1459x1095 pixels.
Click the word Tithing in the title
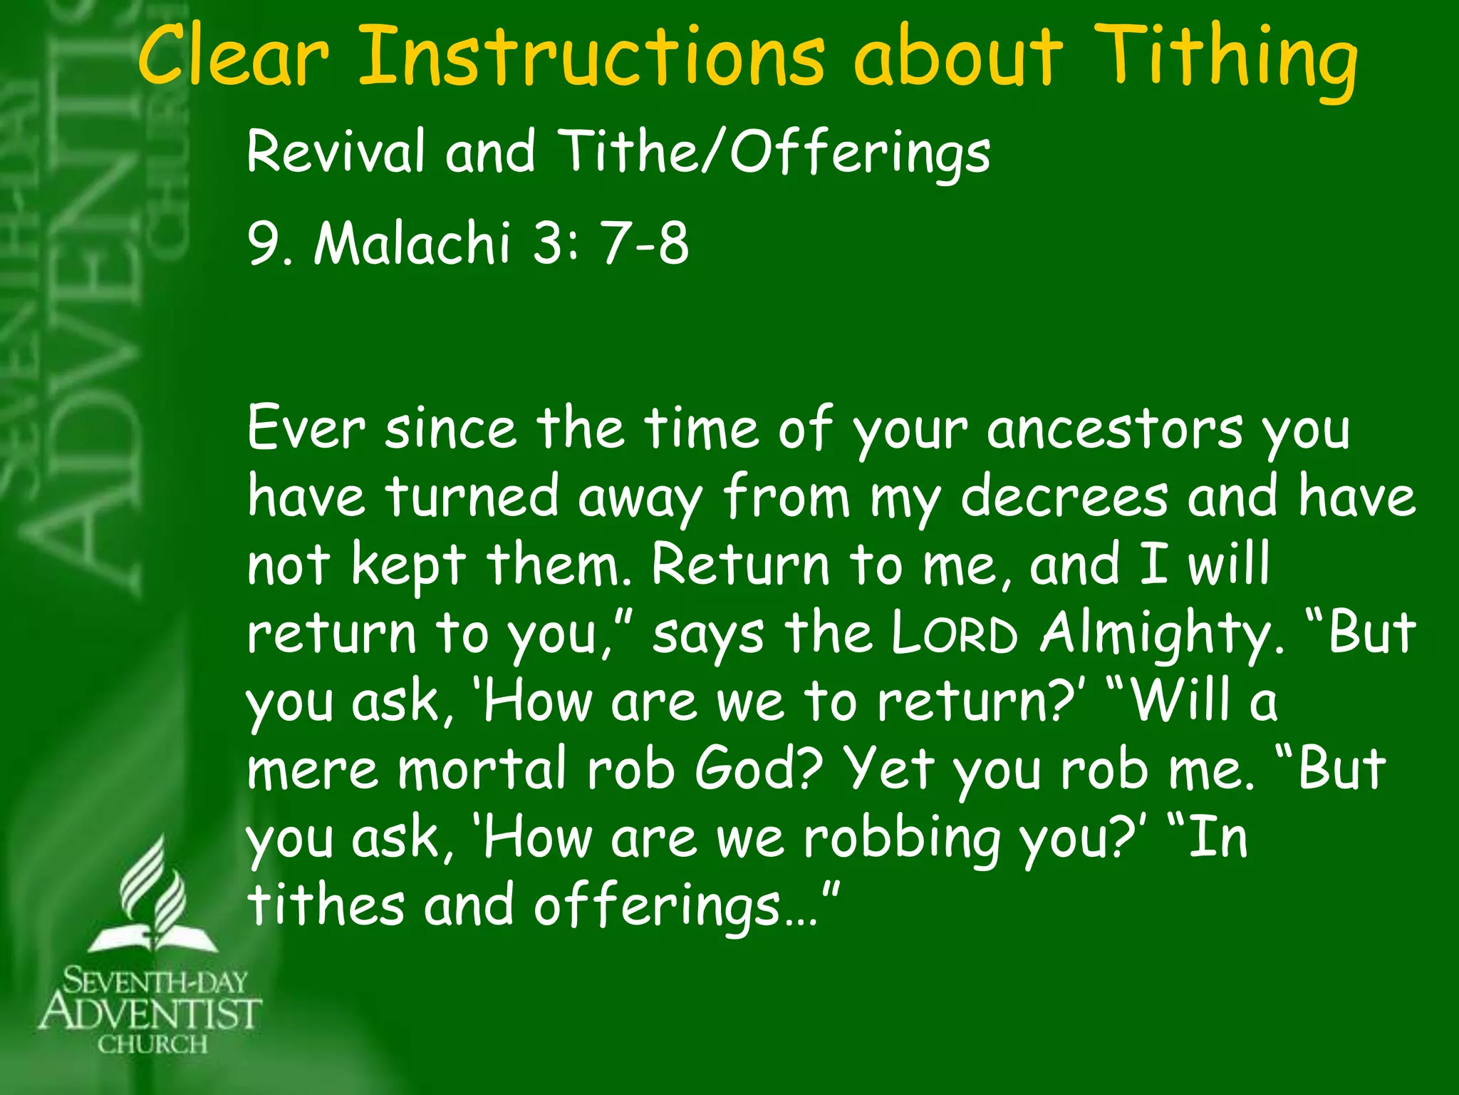click(1225, 61)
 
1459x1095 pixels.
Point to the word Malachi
click(412, 242)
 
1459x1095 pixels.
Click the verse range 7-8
click(645, 242)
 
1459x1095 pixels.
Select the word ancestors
click(1115, 429)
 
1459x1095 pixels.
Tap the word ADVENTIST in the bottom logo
click(150, 1013)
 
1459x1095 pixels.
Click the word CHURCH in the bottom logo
click(152, 1045)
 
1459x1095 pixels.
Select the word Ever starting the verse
click(306, 429)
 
